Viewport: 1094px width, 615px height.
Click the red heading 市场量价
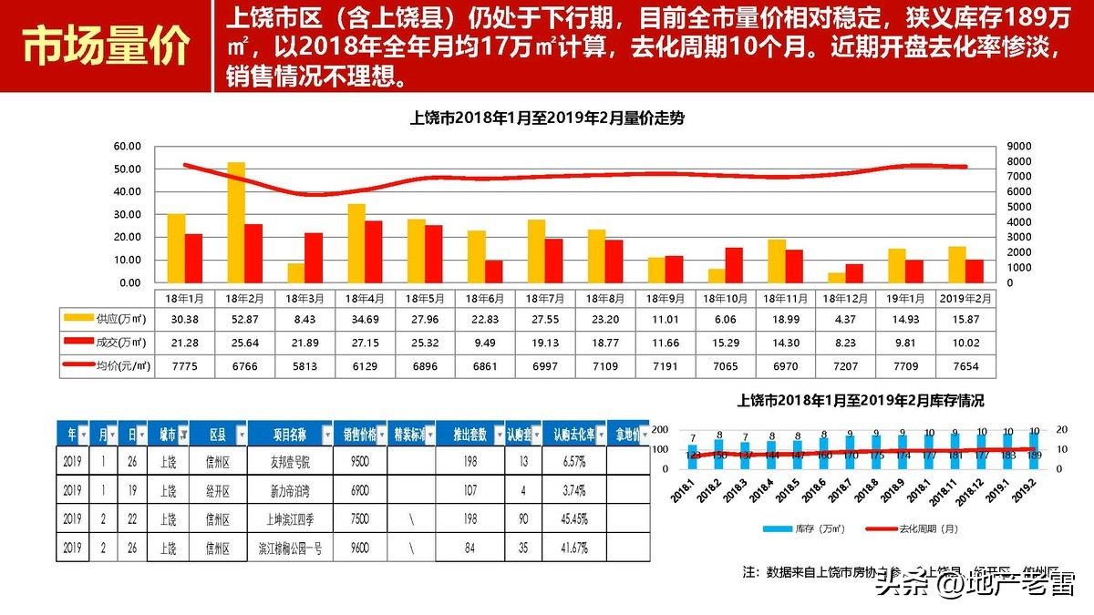tap(108, 46)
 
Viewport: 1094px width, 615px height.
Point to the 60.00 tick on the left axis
tap(127, 147)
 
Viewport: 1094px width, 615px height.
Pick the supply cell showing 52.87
tap(243, 319)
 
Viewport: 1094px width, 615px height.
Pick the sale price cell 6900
tap(359, 491)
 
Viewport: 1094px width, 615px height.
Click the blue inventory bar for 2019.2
tap(1033, 450)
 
